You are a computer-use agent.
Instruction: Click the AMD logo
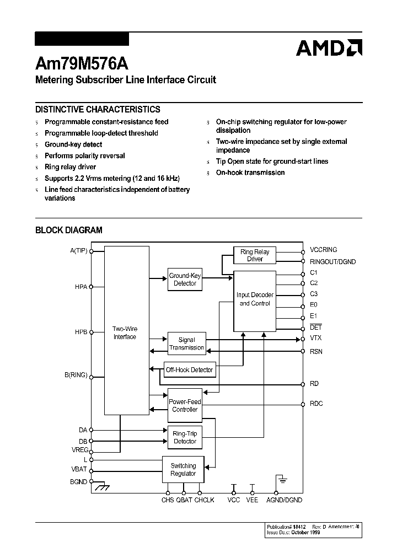click(x=329, y=48)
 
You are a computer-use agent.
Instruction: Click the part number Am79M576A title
click(x=81, y=63)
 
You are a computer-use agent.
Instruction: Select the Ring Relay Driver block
click(x=255, y=255)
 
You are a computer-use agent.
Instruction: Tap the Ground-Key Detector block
click(x=185, y=280)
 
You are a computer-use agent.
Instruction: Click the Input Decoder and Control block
click(x=254, y=299)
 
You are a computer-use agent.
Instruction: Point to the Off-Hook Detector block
click(x=189, y=370)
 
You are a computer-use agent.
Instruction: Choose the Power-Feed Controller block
click(x=185, y=406)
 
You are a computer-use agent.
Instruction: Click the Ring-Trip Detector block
click(x=185, y=437)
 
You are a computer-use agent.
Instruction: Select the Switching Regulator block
click(x=183, y=470)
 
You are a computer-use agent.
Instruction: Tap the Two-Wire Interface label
click(x=125, y=333)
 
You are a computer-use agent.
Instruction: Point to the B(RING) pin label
click(x=76, y=375)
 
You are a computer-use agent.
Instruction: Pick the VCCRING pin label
click(x=323, y=250)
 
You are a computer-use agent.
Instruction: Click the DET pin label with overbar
click(x=315, y=328)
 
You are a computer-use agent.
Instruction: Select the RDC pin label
click(x=316, y=404)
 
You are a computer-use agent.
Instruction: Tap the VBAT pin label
click(x=79, y=470)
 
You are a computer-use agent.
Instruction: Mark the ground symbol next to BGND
click(x=100, y=487)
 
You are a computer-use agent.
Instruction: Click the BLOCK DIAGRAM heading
click(x=69, y=230)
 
